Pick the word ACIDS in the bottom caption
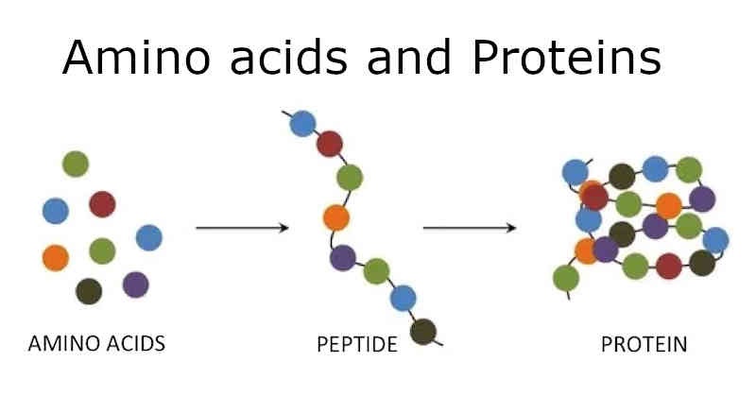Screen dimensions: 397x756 [133, 343]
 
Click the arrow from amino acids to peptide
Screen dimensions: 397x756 [241, 228]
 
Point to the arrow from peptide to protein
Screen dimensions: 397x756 [469, 228]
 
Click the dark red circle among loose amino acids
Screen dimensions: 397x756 [102, 203]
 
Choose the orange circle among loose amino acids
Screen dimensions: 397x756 [56, 256]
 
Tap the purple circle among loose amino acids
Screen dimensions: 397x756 [135, 284]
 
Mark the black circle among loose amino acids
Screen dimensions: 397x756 [89, 290]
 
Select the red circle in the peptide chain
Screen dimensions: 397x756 [329, 145]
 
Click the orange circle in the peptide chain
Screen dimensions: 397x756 [335, 217]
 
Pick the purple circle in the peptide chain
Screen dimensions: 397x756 [342, 256]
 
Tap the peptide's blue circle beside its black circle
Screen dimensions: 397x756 [404, 298]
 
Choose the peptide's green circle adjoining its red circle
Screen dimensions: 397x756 [350, 177]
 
